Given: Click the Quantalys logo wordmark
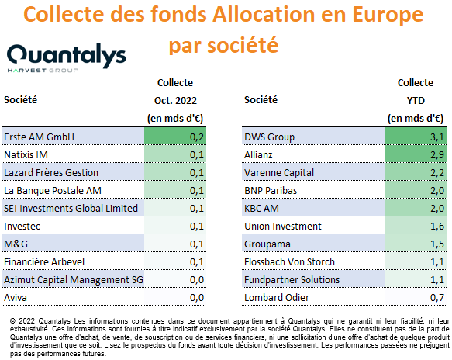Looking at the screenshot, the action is [67, 55].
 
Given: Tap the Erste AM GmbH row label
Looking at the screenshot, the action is [40, 137].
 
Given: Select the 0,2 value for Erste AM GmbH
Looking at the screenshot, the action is [197, 137].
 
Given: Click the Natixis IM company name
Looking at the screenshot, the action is [26, 155].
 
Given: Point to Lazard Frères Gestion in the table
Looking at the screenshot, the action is [51, 173].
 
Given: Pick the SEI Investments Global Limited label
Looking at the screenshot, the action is [71, 208].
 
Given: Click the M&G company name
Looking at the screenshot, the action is [16, 244].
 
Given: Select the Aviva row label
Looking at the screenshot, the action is [16, 297].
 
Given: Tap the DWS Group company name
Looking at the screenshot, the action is [269, 137].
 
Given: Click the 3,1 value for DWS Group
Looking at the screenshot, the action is [437, 137].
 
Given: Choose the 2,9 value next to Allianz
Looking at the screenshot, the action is [437, 155].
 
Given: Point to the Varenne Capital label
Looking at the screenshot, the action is [279, 173].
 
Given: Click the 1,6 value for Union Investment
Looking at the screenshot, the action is [437, 226].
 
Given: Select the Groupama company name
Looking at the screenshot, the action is [267, 244].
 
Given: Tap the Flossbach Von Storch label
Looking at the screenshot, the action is [289, 262].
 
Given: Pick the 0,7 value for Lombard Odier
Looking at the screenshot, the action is [437, 297].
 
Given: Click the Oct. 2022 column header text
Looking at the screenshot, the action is [175, 101].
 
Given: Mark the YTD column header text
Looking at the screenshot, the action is [416, 101].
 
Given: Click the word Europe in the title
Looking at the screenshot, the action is [388, 15].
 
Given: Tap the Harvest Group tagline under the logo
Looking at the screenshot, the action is [43, 71].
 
